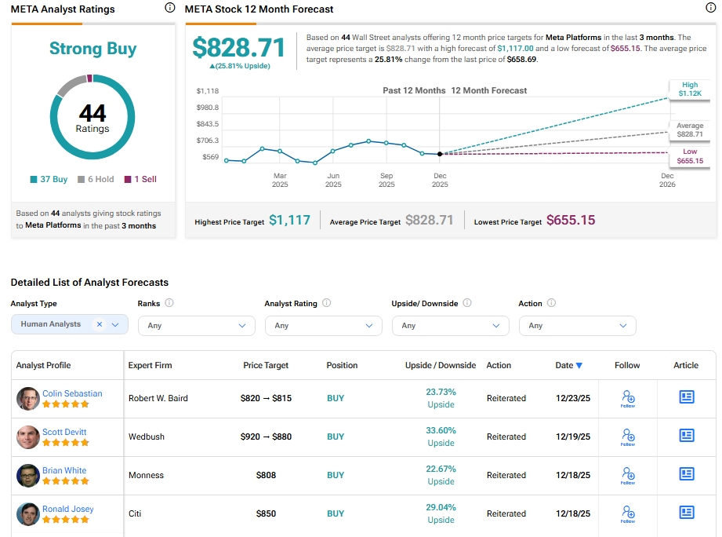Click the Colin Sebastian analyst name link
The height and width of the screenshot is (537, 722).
tap(72, 393)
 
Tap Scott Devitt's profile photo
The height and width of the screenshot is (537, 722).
tap(28, 437)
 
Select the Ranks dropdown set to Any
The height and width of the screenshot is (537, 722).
tap(196, 325)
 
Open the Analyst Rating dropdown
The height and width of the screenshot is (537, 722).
tap(323, 325)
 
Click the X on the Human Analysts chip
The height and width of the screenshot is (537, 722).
tap(100, 324)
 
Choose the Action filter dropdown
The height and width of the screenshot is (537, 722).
tap(577, 325)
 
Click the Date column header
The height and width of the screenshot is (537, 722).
tap(568, 365)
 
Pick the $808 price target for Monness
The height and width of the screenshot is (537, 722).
tap(266, 475)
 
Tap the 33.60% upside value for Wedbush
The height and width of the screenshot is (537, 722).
tap(441, 430)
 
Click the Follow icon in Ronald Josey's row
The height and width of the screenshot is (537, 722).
tap(627, 513)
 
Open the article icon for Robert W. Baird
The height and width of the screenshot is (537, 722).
tap(686, 398)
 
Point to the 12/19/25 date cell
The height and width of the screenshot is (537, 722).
tap(573, 437)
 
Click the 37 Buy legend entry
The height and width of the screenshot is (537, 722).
tap(49, 179)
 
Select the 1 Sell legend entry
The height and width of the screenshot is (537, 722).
tap(140, 179)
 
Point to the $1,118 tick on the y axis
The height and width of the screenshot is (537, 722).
tap(207, 91)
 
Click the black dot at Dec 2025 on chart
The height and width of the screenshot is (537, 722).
tap(440, 154)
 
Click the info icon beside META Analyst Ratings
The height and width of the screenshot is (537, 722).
tap(170, 8)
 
